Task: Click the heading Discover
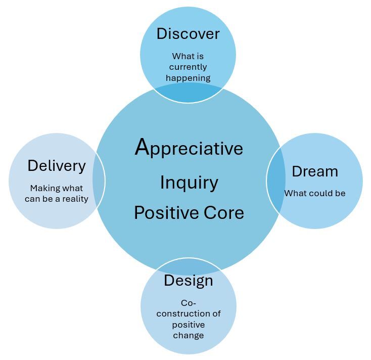[x=188, y=34]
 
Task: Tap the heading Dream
[x=314, y=171]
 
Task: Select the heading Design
[x=188, y=281]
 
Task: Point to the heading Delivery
[x=57, y=166]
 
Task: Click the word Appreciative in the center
[x=189, y=149]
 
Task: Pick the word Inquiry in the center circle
[x=189, y=183]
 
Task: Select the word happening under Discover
[x=188, y=78]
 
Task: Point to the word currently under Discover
[x=188, y=67]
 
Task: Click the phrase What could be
[x=314, y=193]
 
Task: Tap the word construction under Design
[x=188, y=313]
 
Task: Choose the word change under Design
[x=188, y=335]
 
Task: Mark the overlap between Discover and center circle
[x=188, y=93]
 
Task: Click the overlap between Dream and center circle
[x=273, y=181]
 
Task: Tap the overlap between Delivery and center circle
[x=99, y=181]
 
